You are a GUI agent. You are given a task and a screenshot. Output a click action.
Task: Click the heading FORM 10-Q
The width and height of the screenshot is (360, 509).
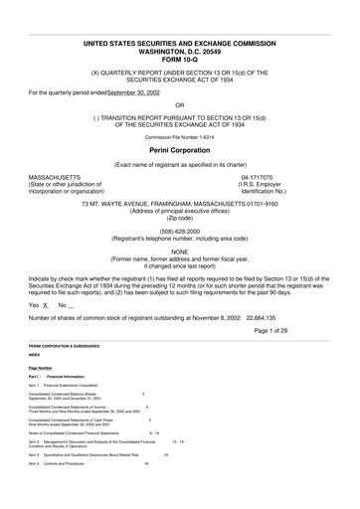pos(179,56)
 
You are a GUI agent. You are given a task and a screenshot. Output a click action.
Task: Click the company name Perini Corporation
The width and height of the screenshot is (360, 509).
pos(179,148)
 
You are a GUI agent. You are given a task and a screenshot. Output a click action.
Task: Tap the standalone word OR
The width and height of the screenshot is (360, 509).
pos(179,103)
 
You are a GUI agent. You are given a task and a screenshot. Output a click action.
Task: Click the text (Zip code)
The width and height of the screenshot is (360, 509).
pos(179,218)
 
